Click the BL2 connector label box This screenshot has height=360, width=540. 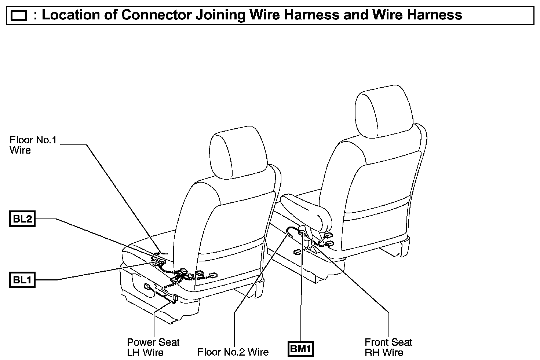[x=22, y=219]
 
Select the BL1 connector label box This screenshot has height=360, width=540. [x=22, y=280]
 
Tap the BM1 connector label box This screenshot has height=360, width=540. [x=301, y=349]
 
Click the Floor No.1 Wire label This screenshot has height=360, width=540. [x=33, y=145]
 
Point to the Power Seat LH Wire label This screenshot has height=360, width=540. [x=153, y=347]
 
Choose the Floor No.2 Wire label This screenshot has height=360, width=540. [x=233, y=352]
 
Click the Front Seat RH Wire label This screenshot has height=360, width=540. [x=388, y=347]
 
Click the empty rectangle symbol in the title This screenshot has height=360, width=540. [x=19, y=16]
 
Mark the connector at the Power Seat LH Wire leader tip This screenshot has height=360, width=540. [x=175, y=298]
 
